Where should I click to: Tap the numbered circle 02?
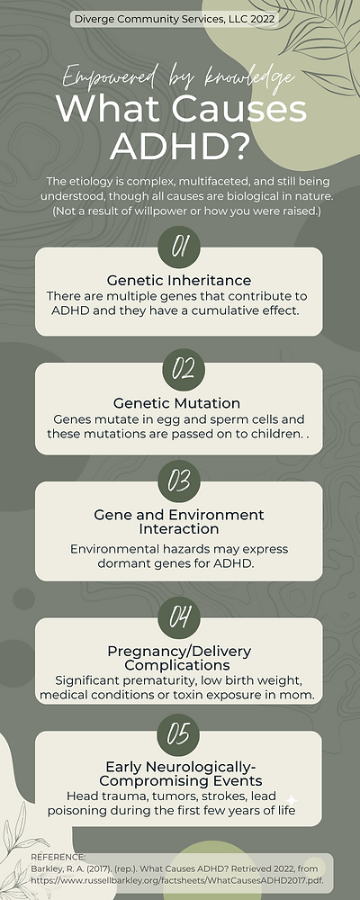pos(184,369)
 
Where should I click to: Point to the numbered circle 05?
pos(178,734)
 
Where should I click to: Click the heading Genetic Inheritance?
pos(179,280)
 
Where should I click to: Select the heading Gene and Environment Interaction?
pos(179,522)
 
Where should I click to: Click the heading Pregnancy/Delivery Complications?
pos(179,658)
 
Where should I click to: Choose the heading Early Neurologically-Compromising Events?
pos(179,774)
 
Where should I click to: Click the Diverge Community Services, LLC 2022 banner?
pos(175,18)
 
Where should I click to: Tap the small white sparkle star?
pos(291,799)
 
